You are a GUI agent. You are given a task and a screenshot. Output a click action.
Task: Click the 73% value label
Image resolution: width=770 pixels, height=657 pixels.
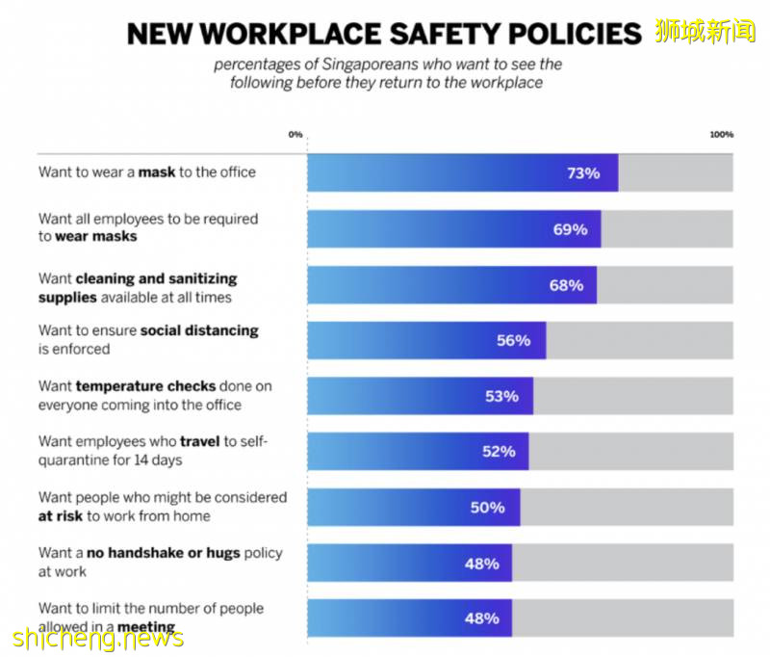pyautogui.click(x=583, y=173)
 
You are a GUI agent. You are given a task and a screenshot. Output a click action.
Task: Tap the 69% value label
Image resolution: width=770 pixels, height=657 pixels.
pyautogui.click(x=570, y=229)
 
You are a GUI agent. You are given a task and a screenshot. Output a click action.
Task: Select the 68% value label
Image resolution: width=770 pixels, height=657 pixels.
pyautogui.click(x=566, y=285)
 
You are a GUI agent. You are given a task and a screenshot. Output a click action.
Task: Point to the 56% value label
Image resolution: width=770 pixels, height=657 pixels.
pyautogui.click(x=513, y=340)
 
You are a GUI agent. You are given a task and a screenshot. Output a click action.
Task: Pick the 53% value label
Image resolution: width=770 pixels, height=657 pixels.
pyautogui.click(x=501, y=396)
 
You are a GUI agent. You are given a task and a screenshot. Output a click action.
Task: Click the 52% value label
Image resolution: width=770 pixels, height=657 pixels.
pyautogui.click(x=499, y=451)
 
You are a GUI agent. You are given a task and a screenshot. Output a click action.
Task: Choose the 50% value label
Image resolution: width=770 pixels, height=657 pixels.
pyautogui.click(x=487, y=507)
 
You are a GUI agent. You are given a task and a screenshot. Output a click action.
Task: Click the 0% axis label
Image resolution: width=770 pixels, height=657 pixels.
pyautogui.click(x=295, y=135)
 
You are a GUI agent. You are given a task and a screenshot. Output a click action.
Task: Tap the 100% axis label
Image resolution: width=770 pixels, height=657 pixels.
pyautogui.click(x=722, y=135)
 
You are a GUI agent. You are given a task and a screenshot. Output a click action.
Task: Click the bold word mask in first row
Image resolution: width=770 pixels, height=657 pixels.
pyautogui.click(x=157, y=172)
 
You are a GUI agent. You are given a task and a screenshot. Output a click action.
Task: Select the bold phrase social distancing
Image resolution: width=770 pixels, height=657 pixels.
pyautogui.click(x=199, y=330)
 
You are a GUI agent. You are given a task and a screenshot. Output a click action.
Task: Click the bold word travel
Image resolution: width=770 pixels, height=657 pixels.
pyautogui.click(x=200, y=442)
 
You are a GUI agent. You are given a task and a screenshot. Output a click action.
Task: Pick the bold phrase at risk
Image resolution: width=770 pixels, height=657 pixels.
pyautogui.click(x=61, y=516)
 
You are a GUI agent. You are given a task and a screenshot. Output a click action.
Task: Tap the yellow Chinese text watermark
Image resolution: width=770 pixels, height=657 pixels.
pyautogui.click(x=706, y=31)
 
